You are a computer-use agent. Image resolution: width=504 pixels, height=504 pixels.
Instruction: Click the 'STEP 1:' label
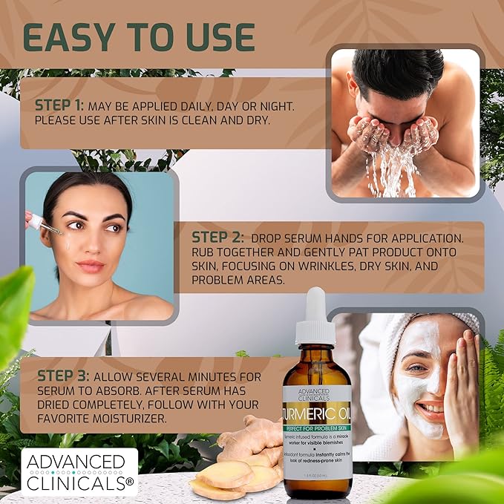(60, 105)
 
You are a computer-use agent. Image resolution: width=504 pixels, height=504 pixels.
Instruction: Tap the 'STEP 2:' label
(217, 238)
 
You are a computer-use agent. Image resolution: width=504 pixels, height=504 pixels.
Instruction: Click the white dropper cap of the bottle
(315, 315)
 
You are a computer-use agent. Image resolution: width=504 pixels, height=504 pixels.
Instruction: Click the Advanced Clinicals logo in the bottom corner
(79, 471)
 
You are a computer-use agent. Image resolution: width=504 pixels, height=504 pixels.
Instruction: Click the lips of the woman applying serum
(90, 266)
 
